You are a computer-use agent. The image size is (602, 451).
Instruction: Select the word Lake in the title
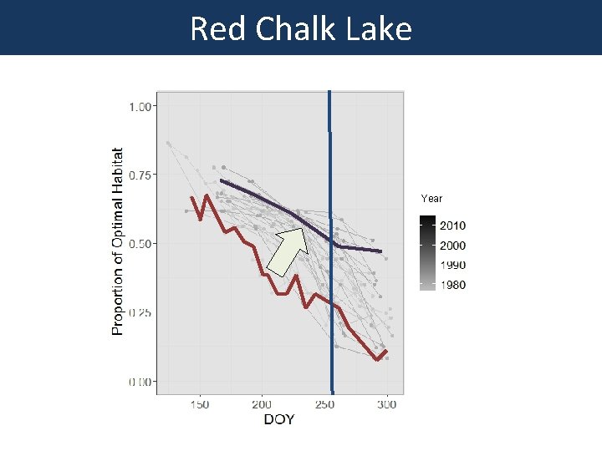pyautogui.click(x=380, y=29)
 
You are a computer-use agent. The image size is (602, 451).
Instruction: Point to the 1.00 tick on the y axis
pyautogui.click(x=140, y=106)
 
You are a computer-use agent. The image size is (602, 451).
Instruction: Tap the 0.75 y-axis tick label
pyautogui.click(x=140, y=175)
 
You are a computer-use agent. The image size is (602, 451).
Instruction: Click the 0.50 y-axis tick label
pyautogui.click(x=140, y=244)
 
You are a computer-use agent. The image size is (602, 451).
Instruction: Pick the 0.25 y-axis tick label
pyautogui.click(x=140, y=312)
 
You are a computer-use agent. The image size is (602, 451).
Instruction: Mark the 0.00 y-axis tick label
pyautogui.click(x=140, y=382)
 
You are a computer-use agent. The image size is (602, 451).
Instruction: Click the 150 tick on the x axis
pyautogui.click(x=200, y=405)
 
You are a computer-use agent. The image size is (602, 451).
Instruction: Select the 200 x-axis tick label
pyautogui.click(x=262, y=405)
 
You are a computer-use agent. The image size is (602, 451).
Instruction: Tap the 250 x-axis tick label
pyautogui.click(x=324, y=405)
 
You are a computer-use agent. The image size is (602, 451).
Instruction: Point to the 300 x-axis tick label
pyautogui.click(x=386, y=405)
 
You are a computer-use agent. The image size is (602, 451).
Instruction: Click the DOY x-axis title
pyautogui.click(x=279, y=419)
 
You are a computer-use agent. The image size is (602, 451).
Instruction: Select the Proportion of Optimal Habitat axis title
pyautogui.click(x=118, y=242)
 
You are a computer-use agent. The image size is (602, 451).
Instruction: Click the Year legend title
pyautogui.click(x=431, y=199)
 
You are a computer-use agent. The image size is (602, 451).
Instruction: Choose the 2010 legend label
pyautogui.click(x=454, y=225)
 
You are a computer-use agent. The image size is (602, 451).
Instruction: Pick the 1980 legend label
pyautogui.click(x=454, y=285)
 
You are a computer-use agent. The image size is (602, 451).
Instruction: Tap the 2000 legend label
pyautogui.click(x=454, y=246)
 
